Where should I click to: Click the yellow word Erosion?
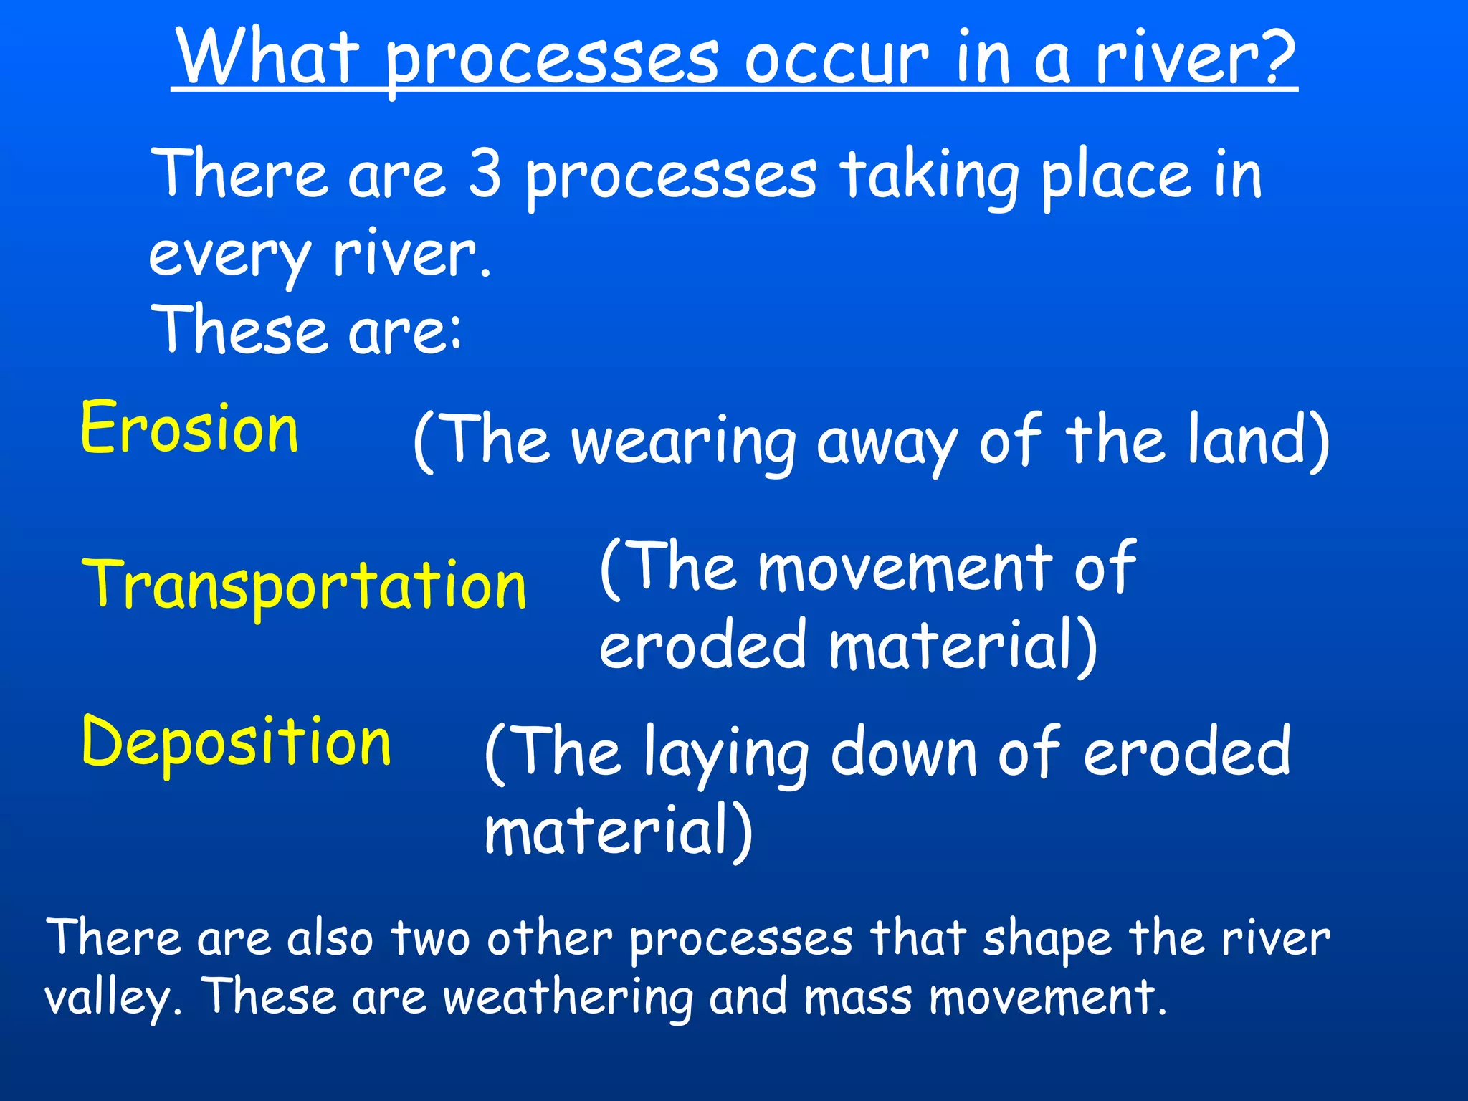click(x=189, y=428)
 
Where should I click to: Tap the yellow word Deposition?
click(x=237, y=743)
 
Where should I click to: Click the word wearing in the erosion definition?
click(x=684, y=442)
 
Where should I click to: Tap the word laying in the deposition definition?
click(x=725, y=754)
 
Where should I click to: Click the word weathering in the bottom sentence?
click(x=568, y=998)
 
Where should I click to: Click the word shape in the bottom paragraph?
click(x=1045, y=939)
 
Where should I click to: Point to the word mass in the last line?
click(x=857, y=998)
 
